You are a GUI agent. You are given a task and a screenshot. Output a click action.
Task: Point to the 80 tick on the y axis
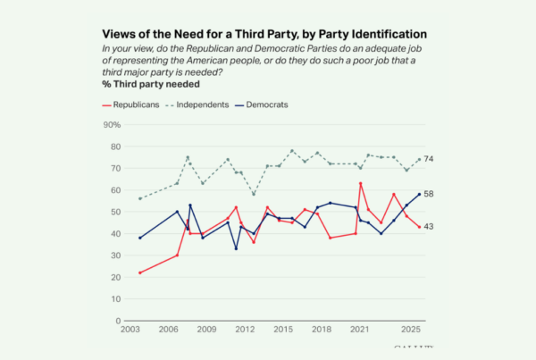(x=116, y=147)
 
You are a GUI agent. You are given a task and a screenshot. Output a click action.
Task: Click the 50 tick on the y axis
(x=116, y=212)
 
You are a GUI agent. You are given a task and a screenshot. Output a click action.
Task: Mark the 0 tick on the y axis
(x=119, y=321)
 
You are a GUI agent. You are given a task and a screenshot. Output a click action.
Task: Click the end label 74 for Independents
(x=429, y=159)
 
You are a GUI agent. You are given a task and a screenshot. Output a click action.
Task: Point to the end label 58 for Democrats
(x=429, y=194)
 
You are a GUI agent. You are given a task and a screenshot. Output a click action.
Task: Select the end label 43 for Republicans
(x=429, y=227)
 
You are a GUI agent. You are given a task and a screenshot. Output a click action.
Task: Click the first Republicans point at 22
(x=140, y=272)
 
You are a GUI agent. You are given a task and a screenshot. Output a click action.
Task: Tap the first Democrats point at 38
(x=140, y=238)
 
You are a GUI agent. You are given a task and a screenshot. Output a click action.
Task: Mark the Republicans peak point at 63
(x=360, y=183)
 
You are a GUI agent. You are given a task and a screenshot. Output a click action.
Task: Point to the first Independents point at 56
(x=140, y=198)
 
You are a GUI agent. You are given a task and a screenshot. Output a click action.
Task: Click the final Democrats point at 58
(x=419, y=194)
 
